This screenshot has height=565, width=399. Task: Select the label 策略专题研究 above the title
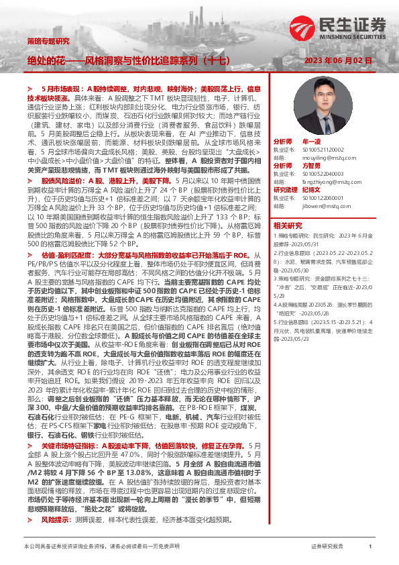pyautogui.click(x=48, y=41)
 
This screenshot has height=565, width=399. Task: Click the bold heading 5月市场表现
pyautogui.click(x=64, y=89)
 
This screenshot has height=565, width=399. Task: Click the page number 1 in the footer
pyautogui.click(x=370, y=548)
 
